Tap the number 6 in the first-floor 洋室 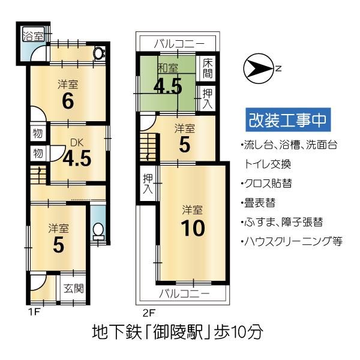(x=68, y=101)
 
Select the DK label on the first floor (x=76, y=143)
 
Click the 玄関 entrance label (x=74, y=288)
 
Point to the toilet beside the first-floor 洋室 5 (x=97, y=230)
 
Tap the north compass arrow (x=257, y=68)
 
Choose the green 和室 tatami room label (x=167, y=68)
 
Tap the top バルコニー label (x=178, y=43)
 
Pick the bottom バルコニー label (x=184, y=294)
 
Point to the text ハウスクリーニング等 (x=290, y=242)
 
